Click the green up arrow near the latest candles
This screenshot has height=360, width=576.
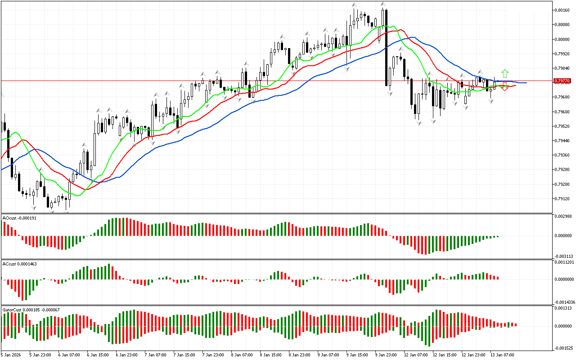(505, 73)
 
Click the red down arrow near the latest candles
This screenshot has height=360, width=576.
(505, 87)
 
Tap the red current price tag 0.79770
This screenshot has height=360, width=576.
(562, 81)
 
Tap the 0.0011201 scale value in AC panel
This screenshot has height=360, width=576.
(564, 262)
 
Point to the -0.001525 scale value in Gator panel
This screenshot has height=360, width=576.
(564, 348)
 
